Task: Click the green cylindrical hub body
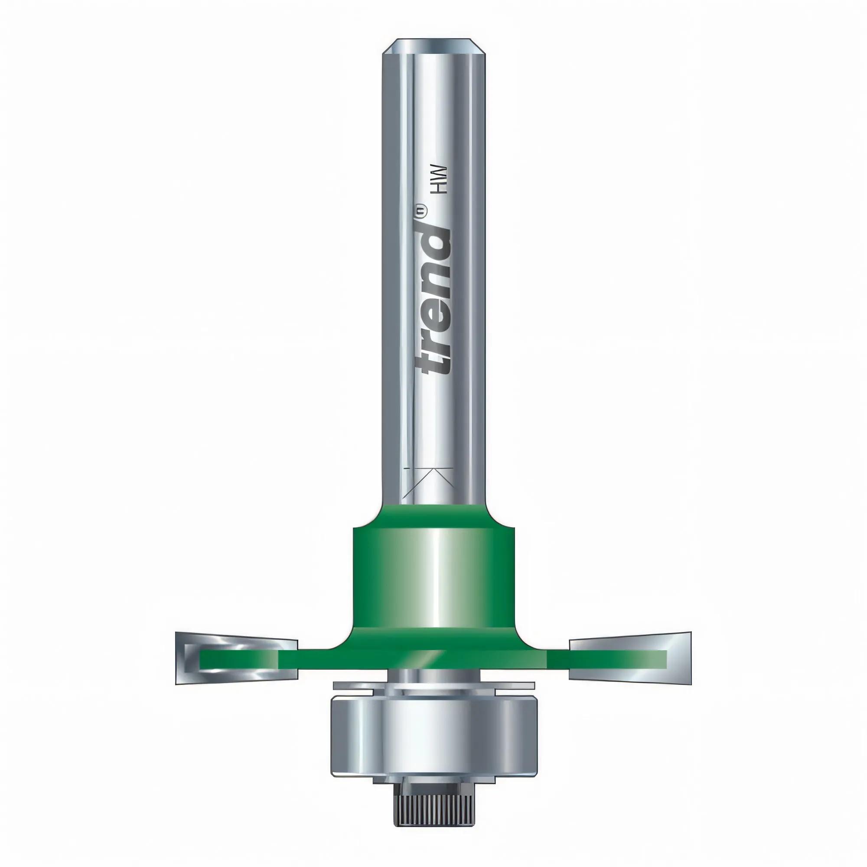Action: tap(433, 579)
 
